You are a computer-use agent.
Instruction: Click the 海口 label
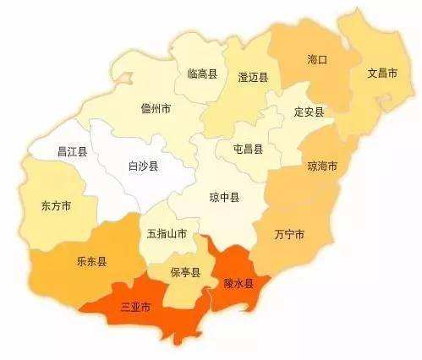pos(317,60)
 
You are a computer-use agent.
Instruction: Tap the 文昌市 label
pos(382,73)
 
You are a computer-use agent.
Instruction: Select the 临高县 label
pos(202,74)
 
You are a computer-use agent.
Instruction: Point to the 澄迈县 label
pos(253,78)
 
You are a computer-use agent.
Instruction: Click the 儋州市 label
pos(156,108)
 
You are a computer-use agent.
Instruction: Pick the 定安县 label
pos(309,111)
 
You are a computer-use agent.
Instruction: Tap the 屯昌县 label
pos(248,149)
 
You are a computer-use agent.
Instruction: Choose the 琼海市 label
pos(321,166)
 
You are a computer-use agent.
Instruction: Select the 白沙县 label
pos(142,166)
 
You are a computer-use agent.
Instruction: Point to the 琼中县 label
pos(224,198)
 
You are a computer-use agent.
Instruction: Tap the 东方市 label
pos(56,205)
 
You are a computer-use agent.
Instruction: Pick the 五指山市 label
pos(167,233)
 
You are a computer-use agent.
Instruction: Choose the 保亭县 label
pos(185,272)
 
